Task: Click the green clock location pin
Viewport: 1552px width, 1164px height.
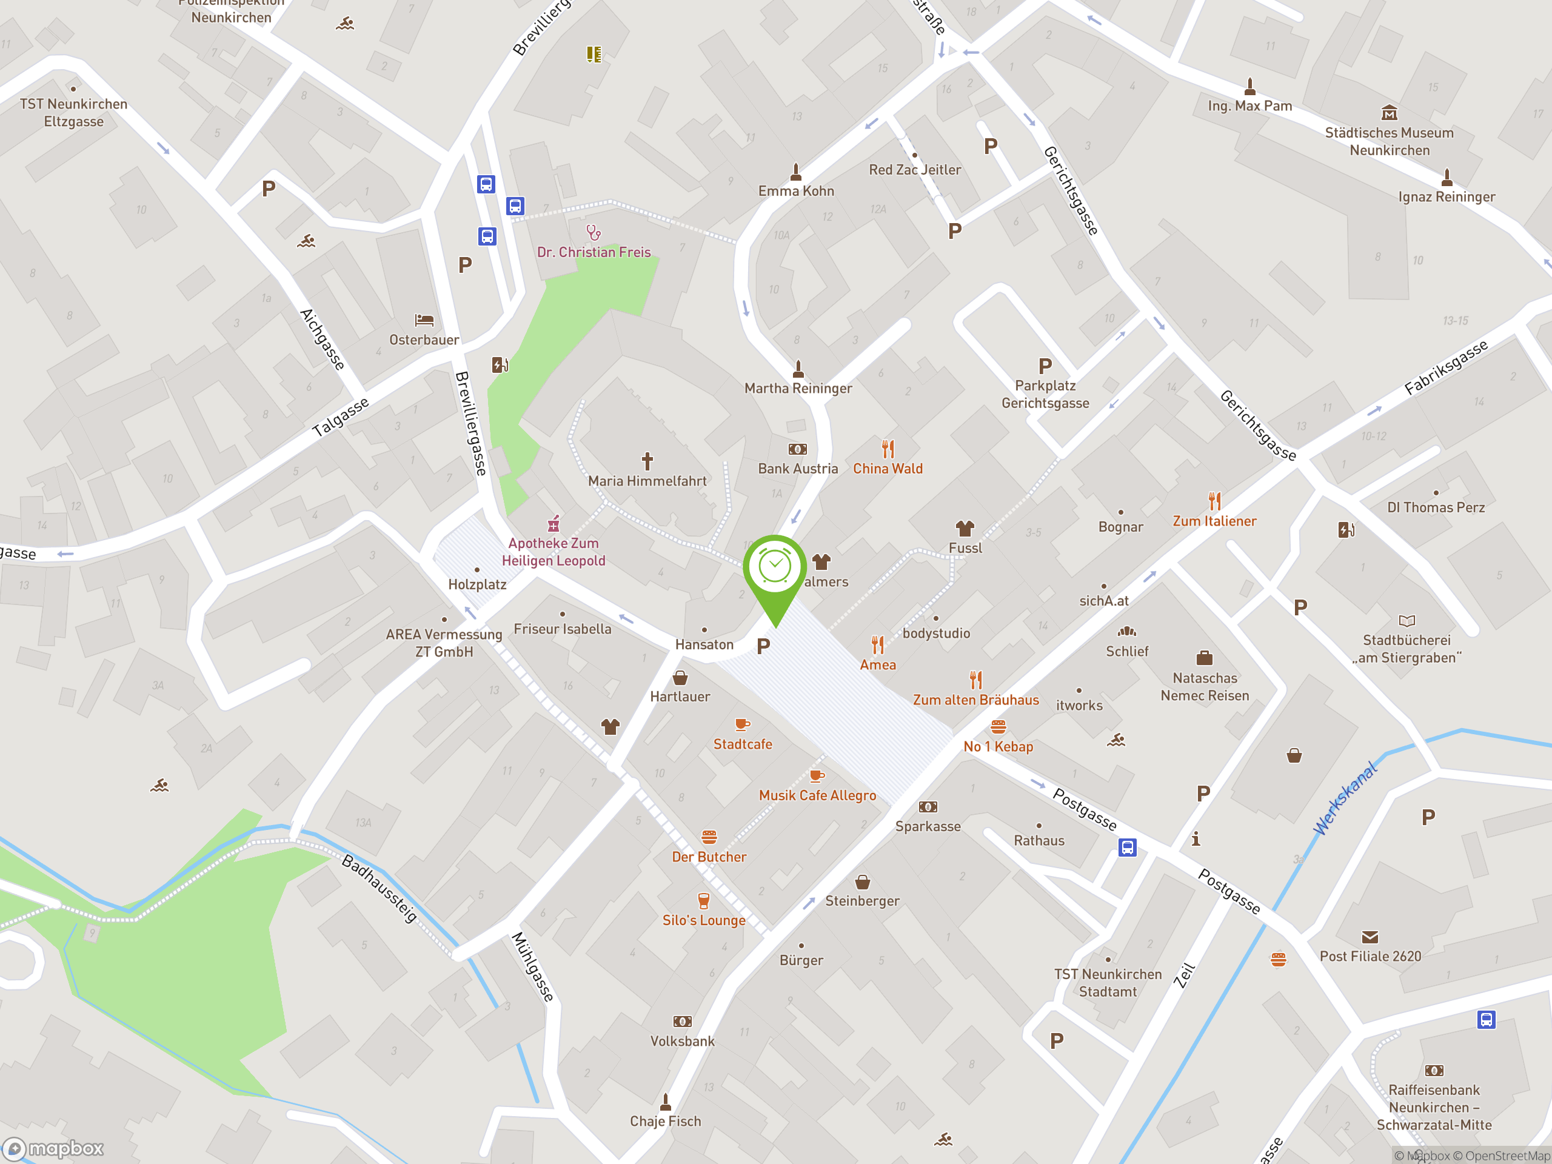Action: [775, 568]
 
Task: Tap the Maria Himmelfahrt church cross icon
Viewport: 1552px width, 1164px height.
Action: [647, 461]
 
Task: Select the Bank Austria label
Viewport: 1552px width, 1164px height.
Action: [798, 469]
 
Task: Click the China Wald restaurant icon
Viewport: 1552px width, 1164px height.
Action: [888, 449]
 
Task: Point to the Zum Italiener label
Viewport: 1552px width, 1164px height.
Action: [1214, 521]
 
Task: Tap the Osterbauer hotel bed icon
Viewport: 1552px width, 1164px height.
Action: [424, 321]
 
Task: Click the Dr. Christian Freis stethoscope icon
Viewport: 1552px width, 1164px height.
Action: [594, 232]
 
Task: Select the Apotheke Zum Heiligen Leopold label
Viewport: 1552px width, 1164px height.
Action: [554, 552]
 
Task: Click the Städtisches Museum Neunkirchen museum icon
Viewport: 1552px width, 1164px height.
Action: [1390, 113]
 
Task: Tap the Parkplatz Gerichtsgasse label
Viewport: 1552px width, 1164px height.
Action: [1045, 394]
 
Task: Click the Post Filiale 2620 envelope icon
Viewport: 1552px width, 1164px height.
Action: [1370, 937]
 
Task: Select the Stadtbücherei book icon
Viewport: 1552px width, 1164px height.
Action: [1406, 621]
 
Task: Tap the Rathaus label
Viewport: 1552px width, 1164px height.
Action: [1039, 840]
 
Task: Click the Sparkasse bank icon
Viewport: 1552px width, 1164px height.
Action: [928, 807]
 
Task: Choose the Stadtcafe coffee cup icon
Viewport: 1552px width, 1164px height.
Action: [742, 724]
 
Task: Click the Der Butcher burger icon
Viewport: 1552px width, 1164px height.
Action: [709, 837]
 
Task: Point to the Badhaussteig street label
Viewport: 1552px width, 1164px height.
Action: [380, 888]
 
